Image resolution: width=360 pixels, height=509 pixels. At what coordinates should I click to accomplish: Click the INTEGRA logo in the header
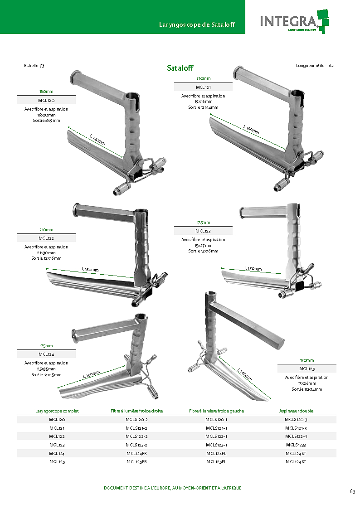(294, 21)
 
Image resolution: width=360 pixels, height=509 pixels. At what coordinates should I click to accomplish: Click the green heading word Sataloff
(180, 68)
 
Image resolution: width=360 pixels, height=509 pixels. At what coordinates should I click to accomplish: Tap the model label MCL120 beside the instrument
(46, 100)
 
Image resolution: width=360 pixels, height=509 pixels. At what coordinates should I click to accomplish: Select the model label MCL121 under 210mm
(203, 87)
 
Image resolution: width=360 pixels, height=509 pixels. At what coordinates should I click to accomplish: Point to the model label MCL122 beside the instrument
(46, 238)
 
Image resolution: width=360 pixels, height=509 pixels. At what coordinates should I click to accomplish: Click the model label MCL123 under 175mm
(203, 231)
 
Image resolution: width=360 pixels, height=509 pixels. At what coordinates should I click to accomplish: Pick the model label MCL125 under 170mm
(307, 368)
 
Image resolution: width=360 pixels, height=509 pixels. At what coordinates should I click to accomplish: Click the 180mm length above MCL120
(46, 92)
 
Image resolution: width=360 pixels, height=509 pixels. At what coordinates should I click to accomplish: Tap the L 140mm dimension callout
(245, 374)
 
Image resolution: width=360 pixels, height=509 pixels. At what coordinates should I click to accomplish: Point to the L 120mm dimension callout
(97, 140)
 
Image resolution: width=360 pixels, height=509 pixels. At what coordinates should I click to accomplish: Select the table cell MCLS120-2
(136, 419)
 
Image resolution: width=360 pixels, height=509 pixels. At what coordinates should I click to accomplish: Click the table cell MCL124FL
(216, 454)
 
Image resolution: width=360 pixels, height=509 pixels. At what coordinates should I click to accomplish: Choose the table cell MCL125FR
(136, 461)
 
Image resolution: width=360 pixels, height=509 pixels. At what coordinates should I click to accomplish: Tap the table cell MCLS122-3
(296, 436)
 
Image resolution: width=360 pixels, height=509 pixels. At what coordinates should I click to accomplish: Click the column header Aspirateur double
(297, 411)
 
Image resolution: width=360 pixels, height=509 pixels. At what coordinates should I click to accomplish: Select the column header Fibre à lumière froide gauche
(217, 411)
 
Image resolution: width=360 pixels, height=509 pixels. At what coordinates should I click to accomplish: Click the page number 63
(353, 491)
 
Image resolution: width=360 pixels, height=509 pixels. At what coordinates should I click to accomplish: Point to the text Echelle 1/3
(34, 66)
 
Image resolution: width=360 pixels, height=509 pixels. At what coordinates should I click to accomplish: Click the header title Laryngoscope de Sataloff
(197, 24)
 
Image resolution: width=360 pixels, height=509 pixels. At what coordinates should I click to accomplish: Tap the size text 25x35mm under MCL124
(46, 369)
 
